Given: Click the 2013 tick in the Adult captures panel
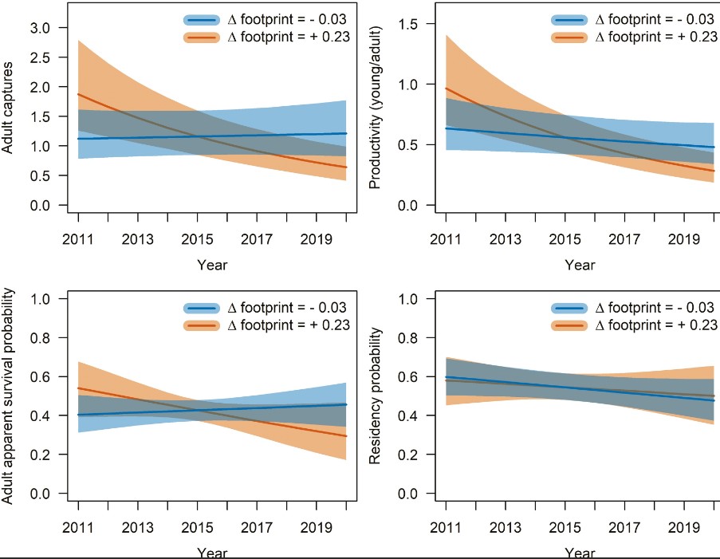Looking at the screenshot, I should pos(138,238).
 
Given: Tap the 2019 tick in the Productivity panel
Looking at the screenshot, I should pos(685,238).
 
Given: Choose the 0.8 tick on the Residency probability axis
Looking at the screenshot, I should pos(414,337).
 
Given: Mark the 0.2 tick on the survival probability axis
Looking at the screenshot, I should pos(45,455).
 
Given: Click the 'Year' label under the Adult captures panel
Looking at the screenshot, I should pos(212,265).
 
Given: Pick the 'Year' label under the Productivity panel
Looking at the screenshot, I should pos(580,265).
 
